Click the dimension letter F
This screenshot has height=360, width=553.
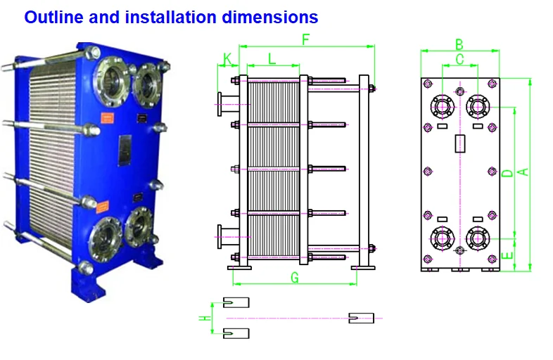(305, 39)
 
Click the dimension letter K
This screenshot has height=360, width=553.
(227, 58)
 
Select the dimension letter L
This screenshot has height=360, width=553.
(272, 58)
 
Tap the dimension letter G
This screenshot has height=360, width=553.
(294, 277)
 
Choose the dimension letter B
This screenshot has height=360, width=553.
(459, 44)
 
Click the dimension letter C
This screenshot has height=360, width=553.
(459, 60)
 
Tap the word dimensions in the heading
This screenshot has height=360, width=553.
(271, 17)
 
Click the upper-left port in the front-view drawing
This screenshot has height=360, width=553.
(442, 108)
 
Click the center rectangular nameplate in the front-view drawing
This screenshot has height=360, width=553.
(460, 144)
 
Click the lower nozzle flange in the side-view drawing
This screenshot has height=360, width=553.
(220, 236)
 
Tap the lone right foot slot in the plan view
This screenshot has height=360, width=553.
(362, 318)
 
